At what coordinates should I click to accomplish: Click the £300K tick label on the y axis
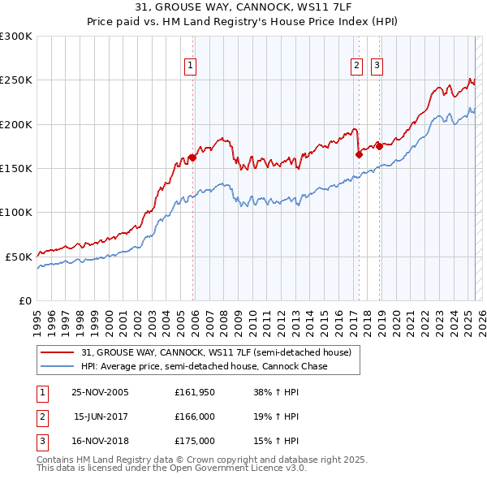pos(16,37)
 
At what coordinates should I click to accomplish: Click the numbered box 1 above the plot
pos(189,67)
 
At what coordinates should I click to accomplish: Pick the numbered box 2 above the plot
pos(356,67)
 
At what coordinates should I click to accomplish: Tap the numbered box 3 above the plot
pos(377,67)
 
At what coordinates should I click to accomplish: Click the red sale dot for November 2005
pos(192,158)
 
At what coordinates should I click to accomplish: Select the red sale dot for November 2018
pos(379,147)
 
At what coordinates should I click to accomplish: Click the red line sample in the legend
pos(58,353)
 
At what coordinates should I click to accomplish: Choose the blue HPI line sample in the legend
pos(58,367)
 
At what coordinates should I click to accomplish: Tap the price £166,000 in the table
pos(195,416)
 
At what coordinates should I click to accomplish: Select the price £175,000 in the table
pos(195,441)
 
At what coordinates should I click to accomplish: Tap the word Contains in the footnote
pos(58,460)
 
